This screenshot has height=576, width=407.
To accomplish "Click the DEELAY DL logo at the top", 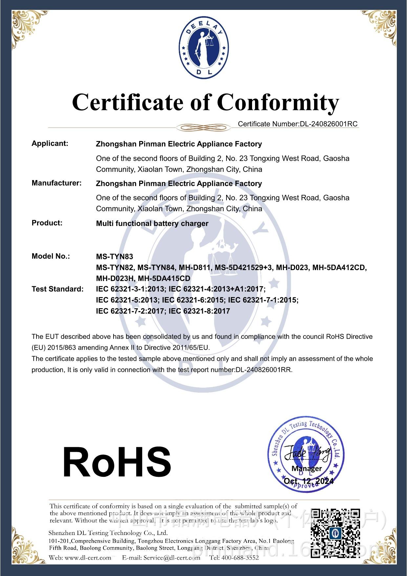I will coord(203,46).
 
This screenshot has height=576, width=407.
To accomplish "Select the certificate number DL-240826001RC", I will coord(328,124).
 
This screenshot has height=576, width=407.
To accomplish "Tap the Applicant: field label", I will coord(50,143).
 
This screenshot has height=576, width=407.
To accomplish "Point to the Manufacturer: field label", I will coord(56,183).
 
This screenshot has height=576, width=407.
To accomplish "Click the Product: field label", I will coord(47,223).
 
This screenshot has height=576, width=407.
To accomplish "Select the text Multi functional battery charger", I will coord(152,223).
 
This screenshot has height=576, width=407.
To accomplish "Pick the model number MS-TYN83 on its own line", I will coord(115,257).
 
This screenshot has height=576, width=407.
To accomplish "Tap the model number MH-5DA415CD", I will coord(164,278).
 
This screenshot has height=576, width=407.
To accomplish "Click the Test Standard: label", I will coord(57,289).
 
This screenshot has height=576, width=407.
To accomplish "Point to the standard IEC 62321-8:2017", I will coord(199,311).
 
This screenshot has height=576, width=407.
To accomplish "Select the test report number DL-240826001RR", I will coord(263,370).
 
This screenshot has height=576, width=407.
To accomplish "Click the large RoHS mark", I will coord(117,462).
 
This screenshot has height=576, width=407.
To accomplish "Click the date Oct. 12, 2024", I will coord(309,481).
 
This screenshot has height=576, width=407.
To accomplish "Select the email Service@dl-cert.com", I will coord(171,558).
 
